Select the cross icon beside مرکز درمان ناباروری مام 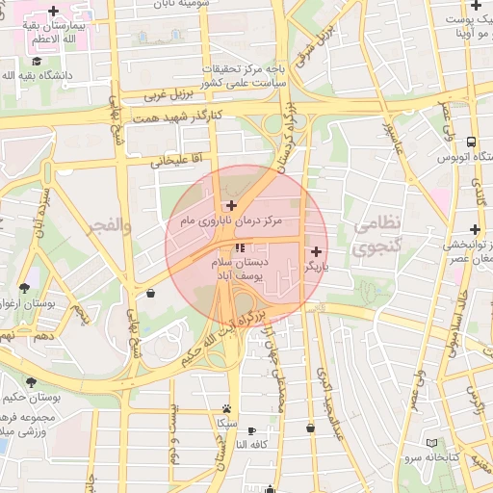[x=231, y=205]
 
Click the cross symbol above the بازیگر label [x=316, y=250]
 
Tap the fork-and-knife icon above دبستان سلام [x=239, y=248]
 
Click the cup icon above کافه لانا [x=252, y=430]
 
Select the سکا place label [x=225, y=423]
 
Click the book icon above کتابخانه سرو [x=431, y=443]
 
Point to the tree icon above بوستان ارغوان [x=23, y=288]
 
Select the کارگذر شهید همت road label [x=203, y=115]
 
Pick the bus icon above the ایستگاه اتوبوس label [x=471, y=141]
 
